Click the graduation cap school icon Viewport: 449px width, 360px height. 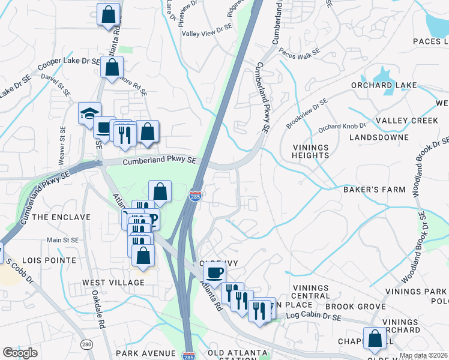point(89,113)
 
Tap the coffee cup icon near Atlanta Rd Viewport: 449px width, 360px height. point(214,273)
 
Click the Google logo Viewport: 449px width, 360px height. point(20,353)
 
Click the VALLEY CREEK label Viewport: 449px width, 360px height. point(407,121)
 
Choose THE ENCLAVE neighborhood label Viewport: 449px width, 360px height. point(61,217)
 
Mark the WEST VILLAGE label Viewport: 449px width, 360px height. point(113,283)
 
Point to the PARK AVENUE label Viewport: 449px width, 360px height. point(146,353)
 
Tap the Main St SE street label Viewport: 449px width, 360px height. point(63,240)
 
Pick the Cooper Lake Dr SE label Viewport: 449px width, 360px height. point(68,64)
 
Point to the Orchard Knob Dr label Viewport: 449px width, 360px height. point(342,127)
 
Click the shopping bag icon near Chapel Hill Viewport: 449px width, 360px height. point(375,338)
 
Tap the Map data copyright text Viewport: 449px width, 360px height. point(424,355)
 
